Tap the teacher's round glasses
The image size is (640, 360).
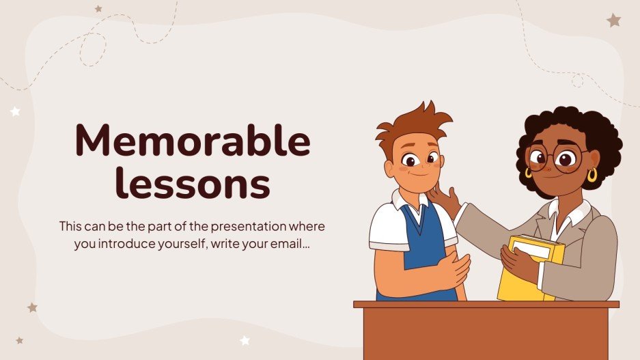pyautogui.click(x=555, y=158)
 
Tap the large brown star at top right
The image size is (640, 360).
pyautogui.click(x=613, y=20)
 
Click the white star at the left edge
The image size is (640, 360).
pyautogui.click(x=15, y=111)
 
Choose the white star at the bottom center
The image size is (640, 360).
pyautogui.click(x=245, y=340)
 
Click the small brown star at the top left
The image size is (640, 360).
pyautogui.click(x=98, y=9)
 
